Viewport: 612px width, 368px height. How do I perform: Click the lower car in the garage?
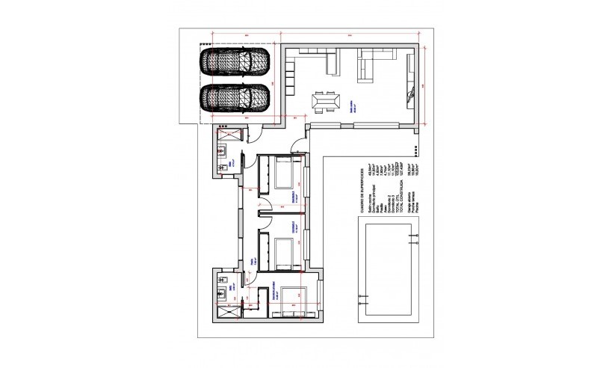tap(233, 98)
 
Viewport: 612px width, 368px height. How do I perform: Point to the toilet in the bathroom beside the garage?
tap(223, 168)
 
